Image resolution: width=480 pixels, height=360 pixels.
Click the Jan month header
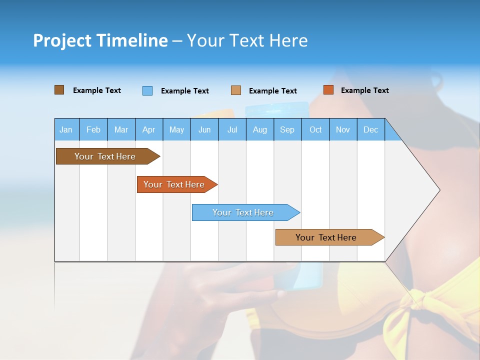click(66, 130)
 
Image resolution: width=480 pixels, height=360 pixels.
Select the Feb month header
click(93, 130)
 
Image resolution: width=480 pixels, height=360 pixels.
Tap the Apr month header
click(148, 130)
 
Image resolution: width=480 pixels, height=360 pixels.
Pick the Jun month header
click(204, 130)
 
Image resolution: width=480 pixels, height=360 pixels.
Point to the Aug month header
click(259, 130)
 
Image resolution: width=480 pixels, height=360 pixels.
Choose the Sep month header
click(287, 130)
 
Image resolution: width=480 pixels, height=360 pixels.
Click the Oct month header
click(315, 130)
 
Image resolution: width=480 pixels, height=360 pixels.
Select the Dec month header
click(370, 130)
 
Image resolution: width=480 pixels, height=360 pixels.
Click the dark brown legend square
click(59, 90)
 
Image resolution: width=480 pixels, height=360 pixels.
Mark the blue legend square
click(147, 90)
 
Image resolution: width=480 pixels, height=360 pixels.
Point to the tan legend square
click(235, 90)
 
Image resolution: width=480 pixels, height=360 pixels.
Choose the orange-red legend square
click(328, 90)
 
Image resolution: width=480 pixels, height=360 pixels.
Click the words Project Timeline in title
click(100, 40)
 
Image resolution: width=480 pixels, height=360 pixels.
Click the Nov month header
click(343, 130)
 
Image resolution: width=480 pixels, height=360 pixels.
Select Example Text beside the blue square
click(184, 91)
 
